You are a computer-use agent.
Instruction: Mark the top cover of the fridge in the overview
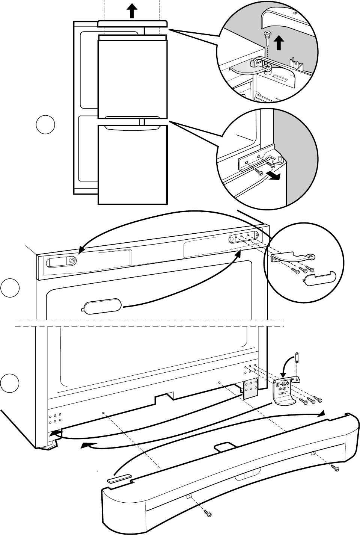[132, 24]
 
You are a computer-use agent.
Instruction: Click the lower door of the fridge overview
[132, 165]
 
